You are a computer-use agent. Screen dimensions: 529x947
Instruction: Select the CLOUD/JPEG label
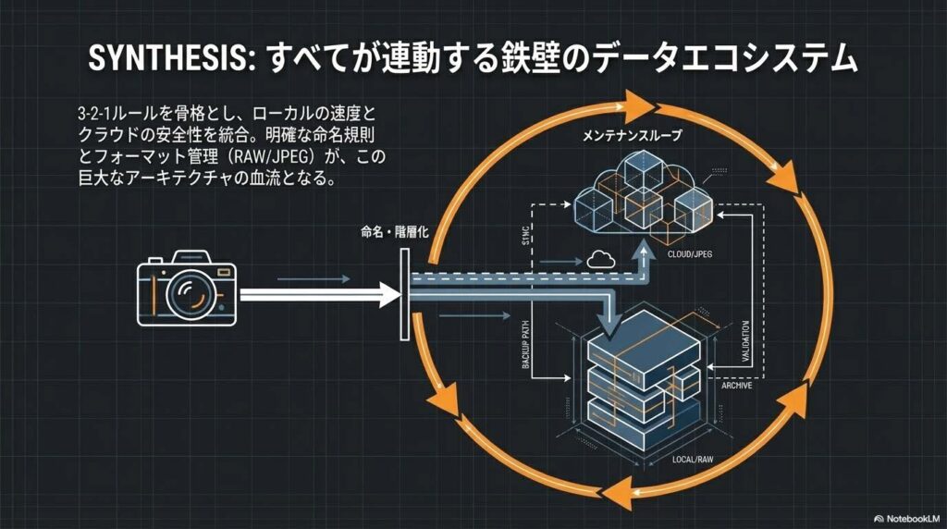(x=695, y=252)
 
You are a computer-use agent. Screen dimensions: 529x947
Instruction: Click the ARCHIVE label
(x=735, y=385)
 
